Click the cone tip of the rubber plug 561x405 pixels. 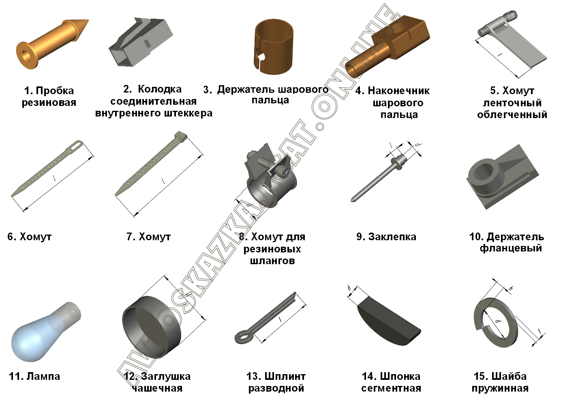click(x=88, y=20)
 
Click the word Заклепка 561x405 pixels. click(x=392, y=237)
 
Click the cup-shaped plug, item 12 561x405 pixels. click(x=152, y=326)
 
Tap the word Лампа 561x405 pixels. click(x=43, y=377)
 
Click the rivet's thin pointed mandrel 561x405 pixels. click(x=370, y=183)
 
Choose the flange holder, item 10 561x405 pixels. click(x=502, y=177)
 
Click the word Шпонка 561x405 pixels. click(x=400, y=377)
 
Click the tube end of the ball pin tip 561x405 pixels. click(x=352, y=70)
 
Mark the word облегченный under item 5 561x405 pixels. click(x=512, y=115)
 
